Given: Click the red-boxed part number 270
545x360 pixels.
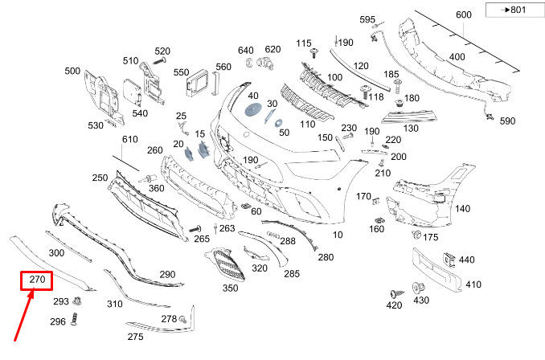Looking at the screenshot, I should click(36, 280).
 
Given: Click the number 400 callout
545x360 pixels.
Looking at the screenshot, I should click(457, 57).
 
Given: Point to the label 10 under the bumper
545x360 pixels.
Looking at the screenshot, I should click(338, 235).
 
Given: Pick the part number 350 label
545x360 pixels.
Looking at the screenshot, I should click(231, 288).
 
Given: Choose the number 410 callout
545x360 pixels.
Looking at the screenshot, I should click(473, 284).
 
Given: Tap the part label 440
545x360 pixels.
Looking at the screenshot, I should click(467, 260).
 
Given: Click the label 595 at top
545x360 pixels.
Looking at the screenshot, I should click(367, 19).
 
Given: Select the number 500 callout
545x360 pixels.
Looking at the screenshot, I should click(72, 71).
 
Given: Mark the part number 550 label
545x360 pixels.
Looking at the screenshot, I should click(181, 72).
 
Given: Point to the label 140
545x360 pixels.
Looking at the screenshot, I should click(462, 209).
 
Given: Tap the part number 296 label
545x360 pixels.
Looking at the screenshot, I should click(58, 321).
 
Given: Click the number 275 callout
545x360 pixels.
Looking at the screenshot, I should click(135, 337).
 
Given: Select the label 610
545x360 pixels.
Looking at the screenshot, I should click(130, 140).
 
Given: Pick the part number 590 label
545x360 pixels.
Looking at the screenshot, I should click(507, 121).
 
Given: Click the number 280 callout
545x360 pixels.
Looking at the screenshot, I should click(326, 258).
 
